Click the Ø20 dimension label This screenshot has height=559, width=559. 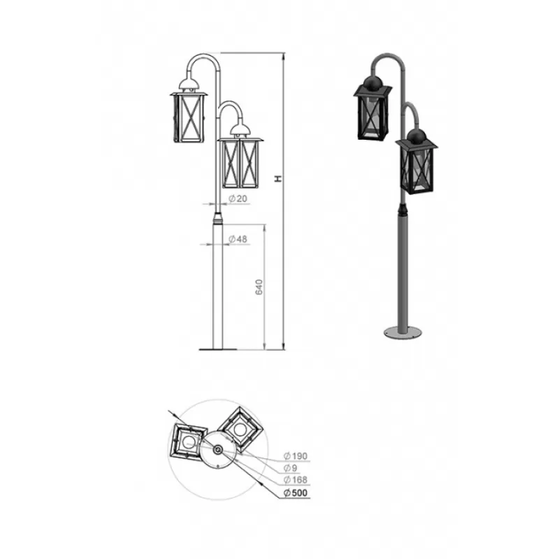(x=238, y=198)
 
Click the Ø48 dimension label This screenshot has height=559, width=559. (x=238, y=239)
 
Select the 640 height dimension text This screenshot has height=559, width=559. (x=259, y=287)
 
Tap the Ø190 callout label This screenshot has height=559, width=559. (x=296, y=456)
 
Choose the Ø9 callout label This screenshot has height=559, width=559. (x=290, y=468)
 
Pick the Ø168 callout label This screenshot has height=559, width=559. (x=296, y=480)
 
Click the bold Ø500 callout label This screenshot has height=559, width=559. (x=296, y=493)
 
